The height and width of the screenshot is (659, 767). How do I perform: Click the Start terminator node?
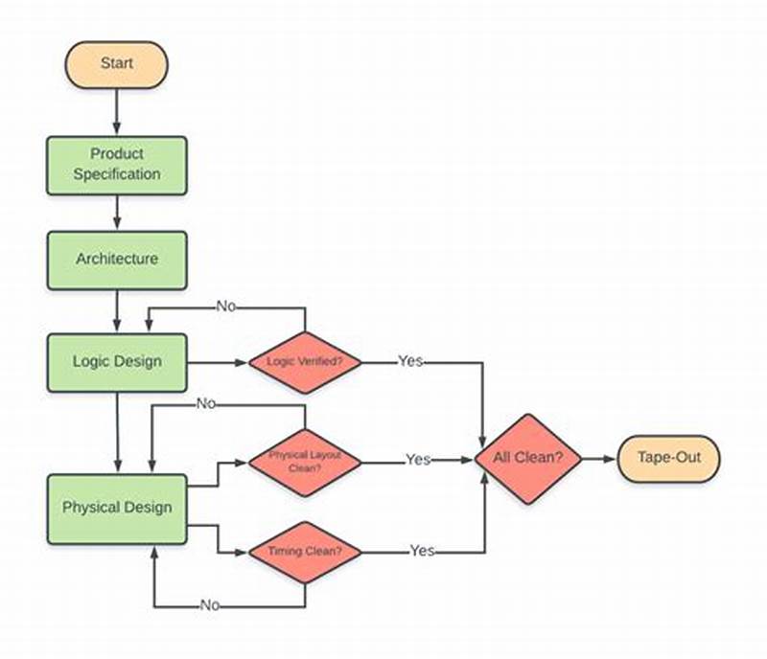click(x=116, y=64)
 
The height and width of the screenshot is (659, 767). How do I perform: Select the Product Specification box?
click(x=117, y=165)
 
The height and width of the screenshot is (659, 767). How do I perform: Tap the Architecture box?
click(x=117, y=260)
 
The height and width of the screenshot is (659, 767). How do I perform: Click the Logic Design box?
click(x=117, y=362)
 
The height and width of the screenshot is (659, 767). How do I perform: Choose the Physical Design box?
click(x=117, y=508)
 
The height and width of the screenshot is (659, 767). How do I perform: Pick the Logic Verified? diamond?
click(x=305, y=362)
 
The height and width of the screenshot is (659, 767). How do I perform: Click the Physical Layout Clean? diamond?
click(x=305, y=461)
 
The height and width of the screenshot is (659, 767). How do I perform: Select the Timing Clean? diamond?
click(x=305, y=552)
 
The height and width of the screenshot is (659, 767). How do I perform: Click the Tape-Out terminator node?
click(x=668, y=458)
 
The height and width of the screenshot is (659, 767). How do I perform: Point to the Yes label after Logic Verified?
click(x=410, y=362)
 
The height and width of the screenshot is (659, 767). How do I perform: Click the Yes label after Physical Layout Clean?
click(x=417, y=460)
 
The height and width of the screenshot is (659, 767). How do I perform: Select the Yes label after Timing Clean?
click(x=422, y=551)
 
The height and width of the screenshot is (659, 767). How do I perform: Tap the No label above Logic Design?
click(x=226, y=307)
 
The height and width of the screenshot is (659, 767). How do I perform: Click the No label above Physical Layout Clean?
click(x=206, y=403)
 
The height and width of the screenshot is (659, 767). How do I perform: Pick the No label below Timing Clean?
click(x=211, y=605)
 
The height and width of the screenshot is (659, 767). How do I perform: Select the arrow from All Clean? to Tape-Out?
click(x=598, y=459)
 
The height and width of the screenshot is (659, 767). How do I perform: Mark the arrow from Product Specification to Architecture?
click(x=117, y=213)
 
